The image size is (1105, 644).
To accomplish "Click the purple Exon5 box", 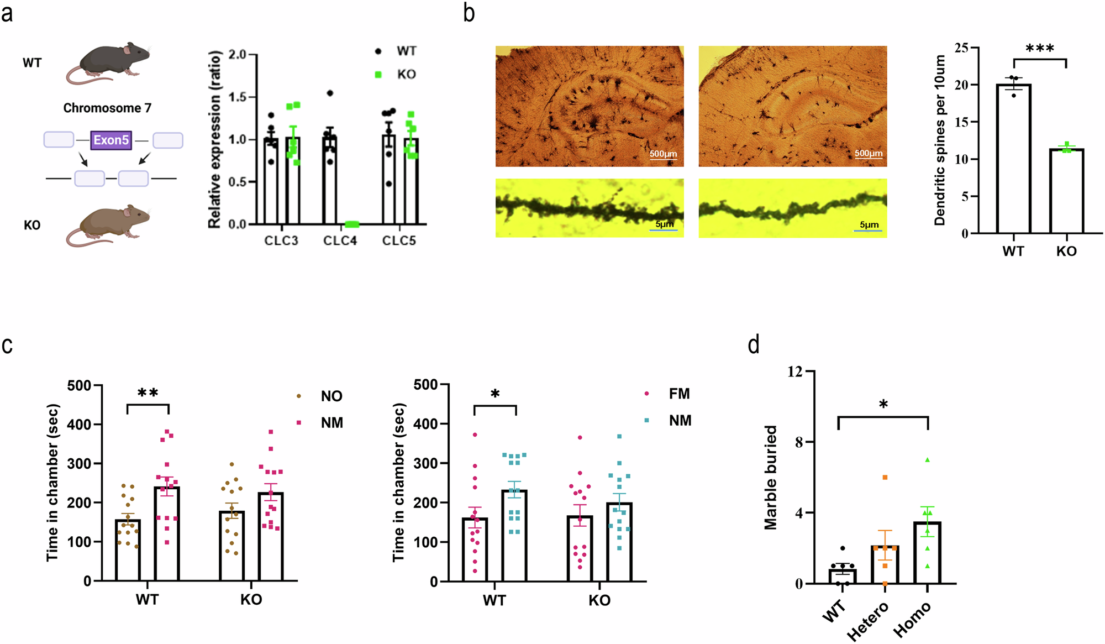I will point(111,140).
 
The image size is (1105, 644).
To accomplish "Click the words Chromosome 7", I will point(107,108).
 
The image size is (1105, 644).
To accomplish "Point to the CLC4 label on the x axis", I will point(340,240).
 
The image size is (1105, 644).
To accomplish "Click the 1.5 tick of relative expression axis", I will point(238,97).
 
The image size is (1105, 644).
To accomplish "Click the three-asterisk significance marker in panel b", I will point(1040,49).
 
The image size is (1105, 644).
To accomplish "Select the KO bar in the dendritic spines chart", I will point(1066,191).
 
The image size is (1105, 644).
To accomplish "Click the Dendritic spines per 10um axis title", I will point(940,140).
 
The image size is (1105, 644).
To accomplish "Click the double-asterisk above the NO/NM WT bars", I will point(148,393).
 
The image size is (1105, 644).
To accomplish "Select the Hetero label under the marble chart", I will point(868,620).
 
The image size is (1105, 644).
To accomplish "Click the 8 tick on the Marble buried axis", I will point(798,442).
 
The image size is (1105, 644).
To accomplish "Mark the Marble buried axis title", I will point(771,478).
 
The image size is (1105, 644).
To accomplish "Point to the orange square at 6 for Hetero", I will point(885,477).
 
